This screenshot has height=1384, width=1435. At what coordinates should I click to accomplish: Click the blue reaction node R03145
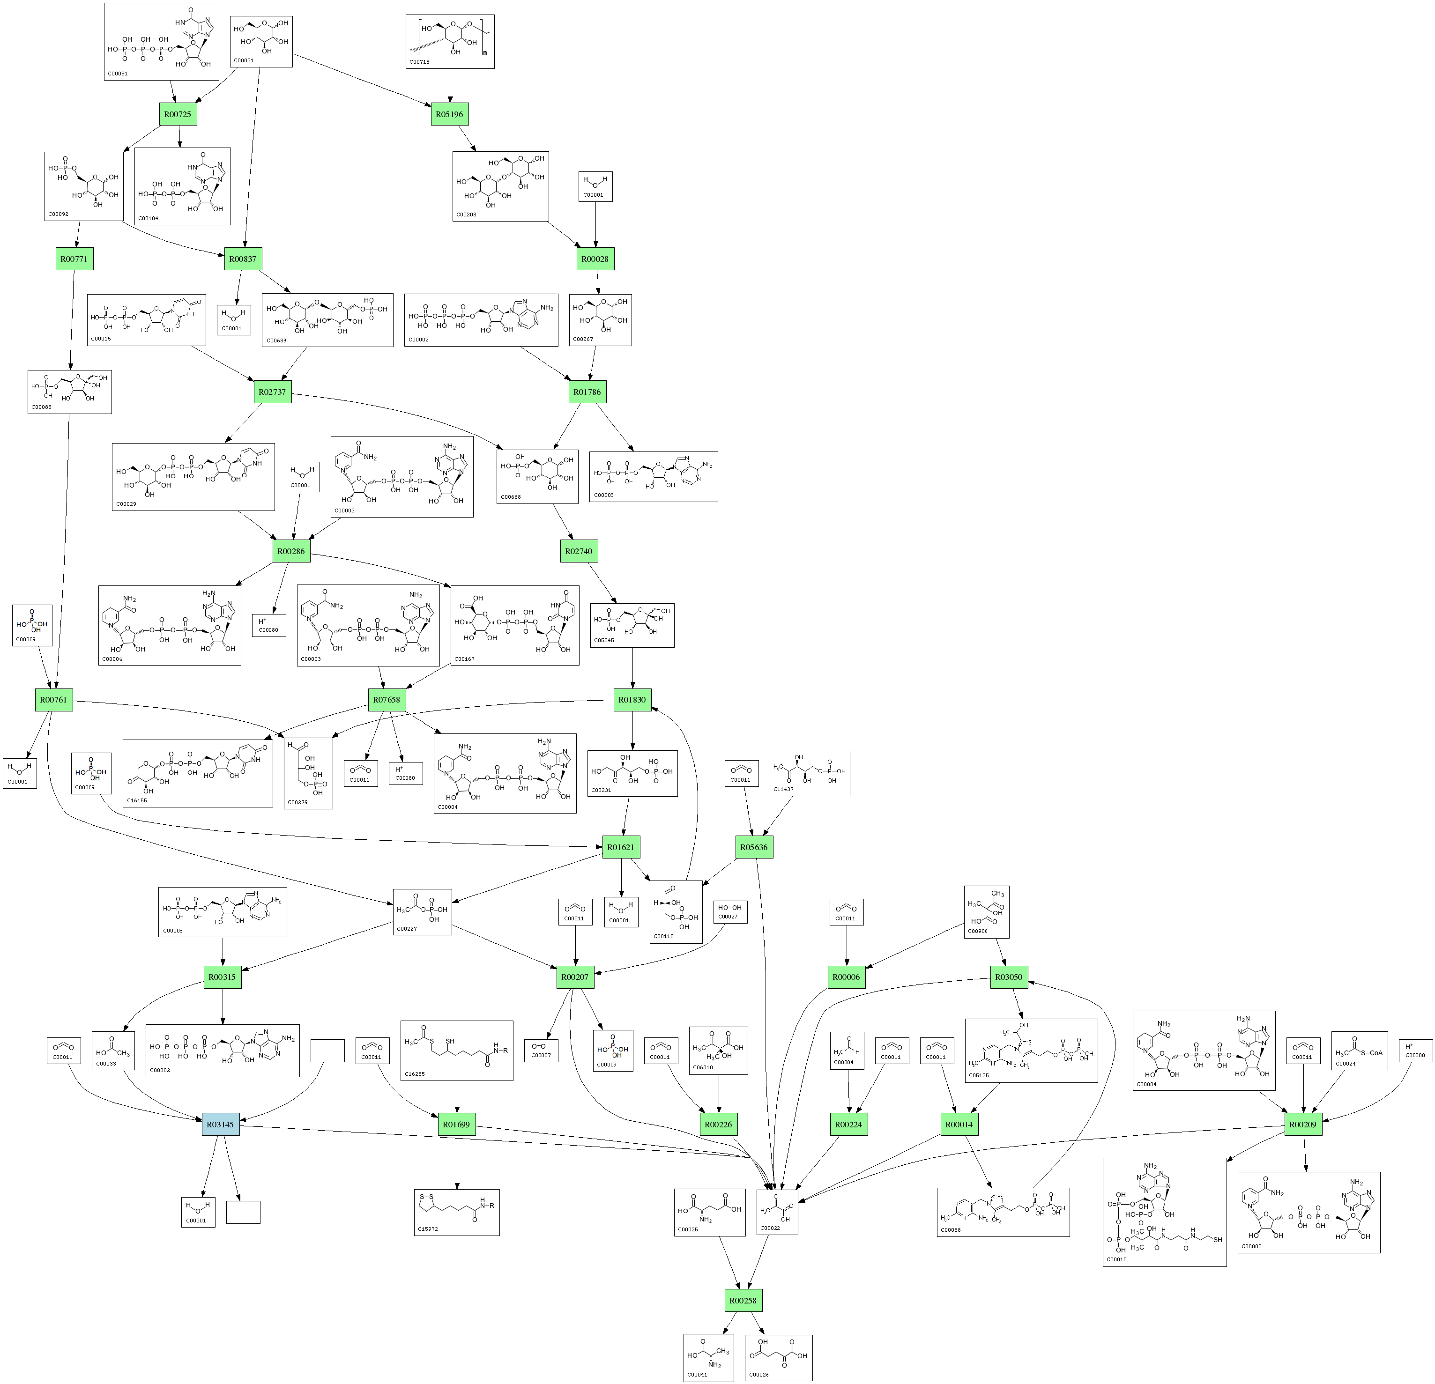(x=220, y=1124)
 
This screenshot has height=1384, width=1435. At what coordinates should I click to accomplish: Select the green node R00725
(x=178, y=114)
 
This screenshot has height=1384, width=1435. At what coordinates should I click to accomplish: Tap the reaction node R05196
(x=450, y=114)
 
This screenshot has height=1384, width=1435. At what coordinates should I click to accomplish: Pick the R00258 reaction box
(x=743, y=1301)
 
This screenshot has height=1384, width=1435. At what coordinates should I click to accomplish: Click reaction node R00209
(x=1304, y=1124)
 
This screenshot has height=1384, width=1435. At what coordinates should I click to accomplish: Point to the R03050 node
(x=1009, y=977)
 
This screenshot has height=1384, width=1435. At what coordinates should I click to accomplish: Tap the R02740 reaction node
(x=579, y=551)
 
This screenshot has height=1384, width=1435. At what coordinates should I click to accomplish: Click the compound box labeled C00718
(x=450, y=42)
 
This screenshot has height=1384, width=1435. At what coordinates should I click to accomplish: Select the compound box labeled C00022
(x=777, y=1211)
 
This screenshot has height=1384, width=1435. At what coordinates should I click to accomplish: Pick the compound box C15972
(x=457, y=1211)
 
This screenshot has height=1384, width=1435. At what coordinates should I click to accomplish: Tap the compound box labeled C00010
(x=1164, y=1211)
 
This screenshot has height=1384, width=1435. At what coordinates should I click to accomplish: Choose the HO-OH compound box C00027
(x=730, y=912)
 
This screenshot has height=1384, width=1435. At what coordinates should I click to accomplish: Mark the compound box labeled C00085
(x=69, y=392)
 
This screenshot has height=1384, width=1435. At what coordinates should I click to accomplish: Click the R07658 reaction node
(x=387, y=700)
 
